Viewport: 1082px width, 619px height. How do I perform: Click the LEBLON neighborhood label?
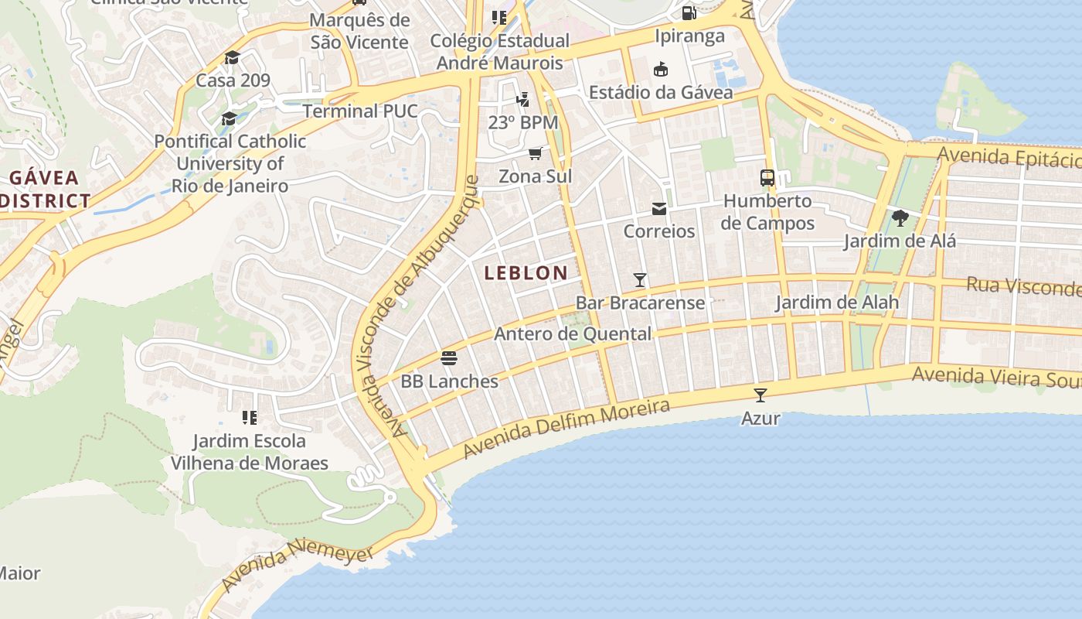(x=526, y=272)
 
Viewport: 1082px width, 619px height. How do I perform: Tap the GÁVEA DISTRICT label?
(x=45, y=190)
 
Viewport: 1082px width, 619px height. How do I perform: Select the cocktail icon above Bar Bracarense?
(x=639, y=280)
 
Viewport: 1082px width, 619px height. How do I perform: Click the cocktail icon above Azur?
(x=760, y=395)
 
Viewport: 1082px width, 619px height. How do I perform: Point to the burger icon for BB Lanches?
(x=449, y=358)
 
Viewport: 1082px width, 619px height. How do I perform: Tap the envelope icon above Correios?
(x=658, y=209)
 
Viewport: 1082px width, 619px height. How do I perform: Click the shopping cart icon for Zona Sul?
(x=535, y=153)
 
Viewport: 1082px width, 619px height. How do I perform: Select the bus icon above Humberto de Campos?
(x=767, y=178)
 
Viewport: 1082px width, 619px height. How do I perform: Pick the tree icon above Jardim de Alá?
(x=900, y=218)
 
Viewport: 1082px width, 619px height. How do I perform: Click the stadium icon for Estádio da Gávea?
(x=660, y=70)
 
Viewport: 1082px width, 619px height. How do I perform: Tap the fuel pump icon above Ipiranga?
(x=689, y=13)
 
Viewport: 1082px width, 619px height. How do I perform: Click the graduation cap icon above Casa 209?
(x=232, y=58)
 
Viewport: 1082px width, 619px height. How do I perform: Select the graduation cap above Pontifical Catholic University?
(x=229, y=118)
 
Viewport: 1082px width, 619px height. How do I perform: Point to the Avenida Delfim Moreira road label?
(x=566, y=429)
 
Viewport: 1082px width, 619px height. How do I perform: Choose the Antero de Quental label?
(x=572, y=334)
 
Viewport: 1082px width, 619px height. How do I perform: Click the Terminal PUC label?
(x=359, y=111)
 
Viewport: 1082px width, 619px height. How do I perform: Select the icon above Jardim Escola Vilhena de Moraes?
(x=249, y=418)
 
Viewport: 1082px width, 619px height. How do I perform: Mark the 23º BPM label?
(x=522, y=122)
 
